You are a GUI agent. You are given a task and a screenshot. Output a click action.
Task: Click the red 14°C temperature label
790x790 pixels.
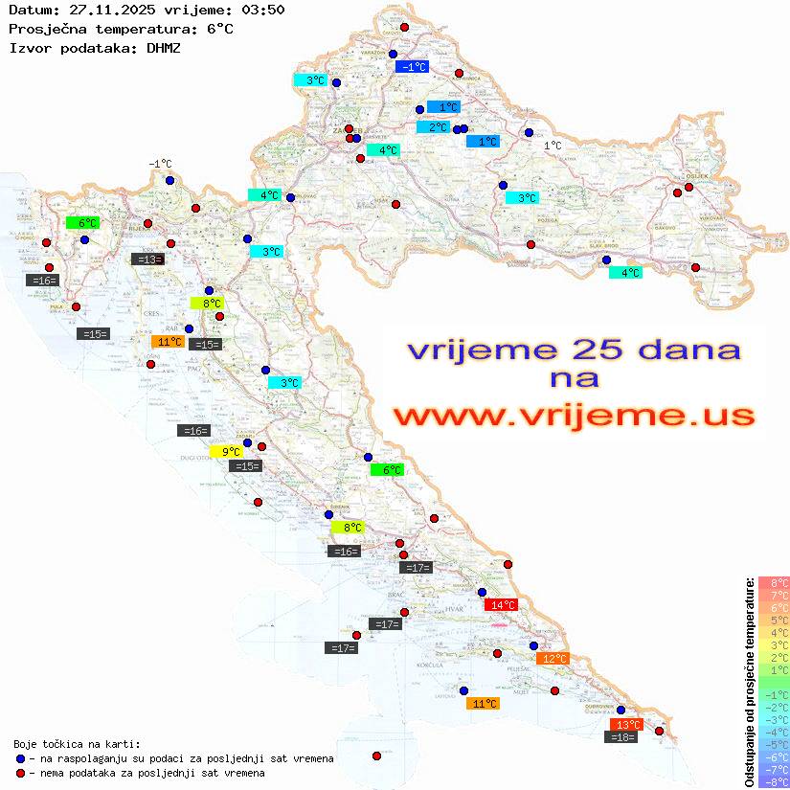coord(501,604)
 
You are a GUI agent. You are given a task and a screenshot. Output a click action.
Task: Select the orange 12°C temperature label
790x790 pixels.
coord(553,658)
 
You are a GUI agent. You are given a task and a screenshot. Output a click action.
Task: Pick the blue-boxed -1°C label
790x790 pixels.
coord(413,66)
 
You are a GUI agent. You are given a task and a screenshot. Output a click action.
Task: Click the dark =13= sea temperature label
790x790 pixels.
coord(147,259)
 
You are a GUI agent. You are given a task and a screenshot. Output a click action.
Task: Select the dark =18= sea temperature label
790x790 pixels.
coord(622,736)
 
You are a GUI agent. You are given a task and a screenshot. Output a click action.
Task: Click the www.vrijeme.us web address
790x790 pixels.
coord(573,416)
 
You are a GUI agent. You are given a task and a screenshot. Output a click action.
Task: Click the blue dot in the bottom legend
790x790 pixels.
coord(20,758)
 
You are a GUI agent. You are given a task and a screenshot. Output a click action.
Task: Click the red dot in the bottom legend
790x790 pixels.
coord(20,773)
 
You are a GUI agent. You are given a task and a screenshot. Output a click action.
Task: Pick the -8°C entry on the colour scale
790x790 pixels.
coord(773,781)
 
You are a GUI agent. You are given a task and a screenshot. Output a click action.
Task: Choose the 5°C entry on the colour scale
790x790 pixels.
coord(773,620)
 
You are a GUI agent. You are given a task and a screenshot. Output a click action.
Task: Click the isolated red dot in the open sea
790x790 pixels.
coord(376,756)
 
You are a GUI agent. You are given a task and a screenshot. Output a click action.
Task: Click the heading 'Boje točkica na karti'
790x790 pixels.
coord(77,744)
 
